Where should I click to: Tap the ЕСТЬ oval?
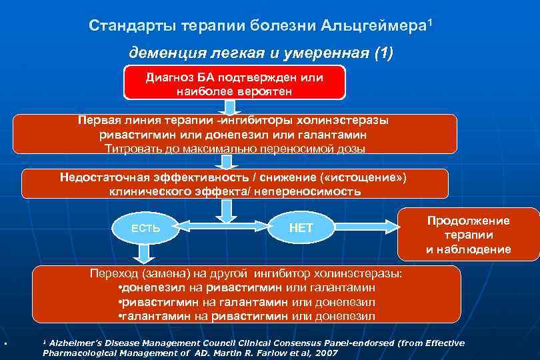[x=145, y=228]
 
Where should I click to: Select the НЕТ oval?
[x=301, y=228]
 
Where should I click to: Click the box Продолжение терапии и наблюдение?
[x=468, y=235]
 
